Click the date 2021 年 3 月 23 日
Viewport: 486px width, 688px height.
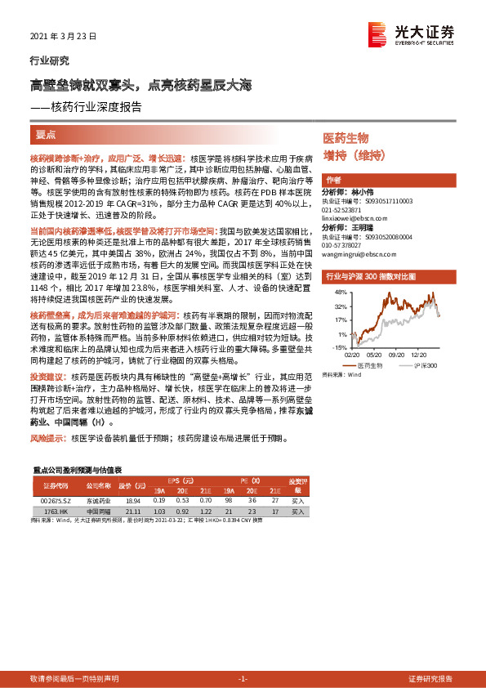[64, 37]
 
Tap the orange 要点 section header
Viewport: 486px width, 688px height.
[45, 135]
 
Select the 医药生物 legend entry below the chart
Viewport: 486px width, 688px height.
[377, 365]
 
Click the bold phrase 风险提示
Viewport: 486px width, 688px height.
[48, 439]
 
